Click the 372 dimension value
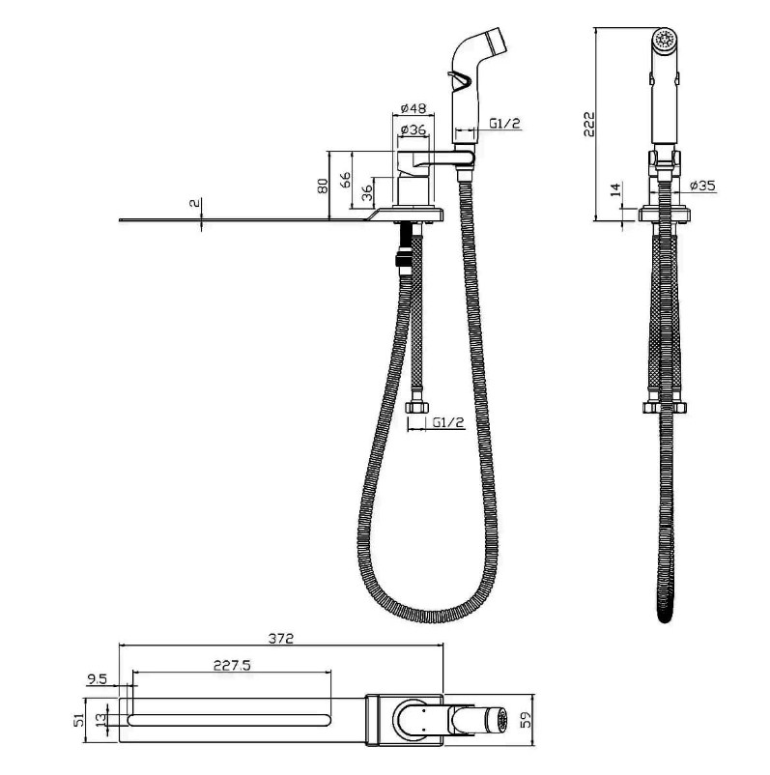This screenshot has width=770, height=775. click(281, 638)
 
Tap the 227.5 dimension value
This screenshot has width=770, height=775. click(232, 665)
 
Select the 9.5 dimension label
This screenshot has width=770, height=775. click(97, 679)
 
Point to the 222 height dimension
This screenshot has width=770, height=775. click(589, 124)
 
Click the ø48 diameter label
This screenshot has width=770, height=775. click(414, 108)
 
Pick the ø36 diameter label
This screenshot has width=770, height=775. click(414, 129)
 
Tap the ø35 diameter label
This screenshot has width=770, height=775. click(702, 186)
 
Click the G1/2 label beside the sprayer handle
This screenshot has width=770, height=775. click(505, 123)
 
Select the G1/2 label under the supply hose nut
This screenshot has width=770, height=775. click(448, 422)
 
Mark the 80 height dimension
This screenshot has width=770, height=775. click(323, 186)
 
